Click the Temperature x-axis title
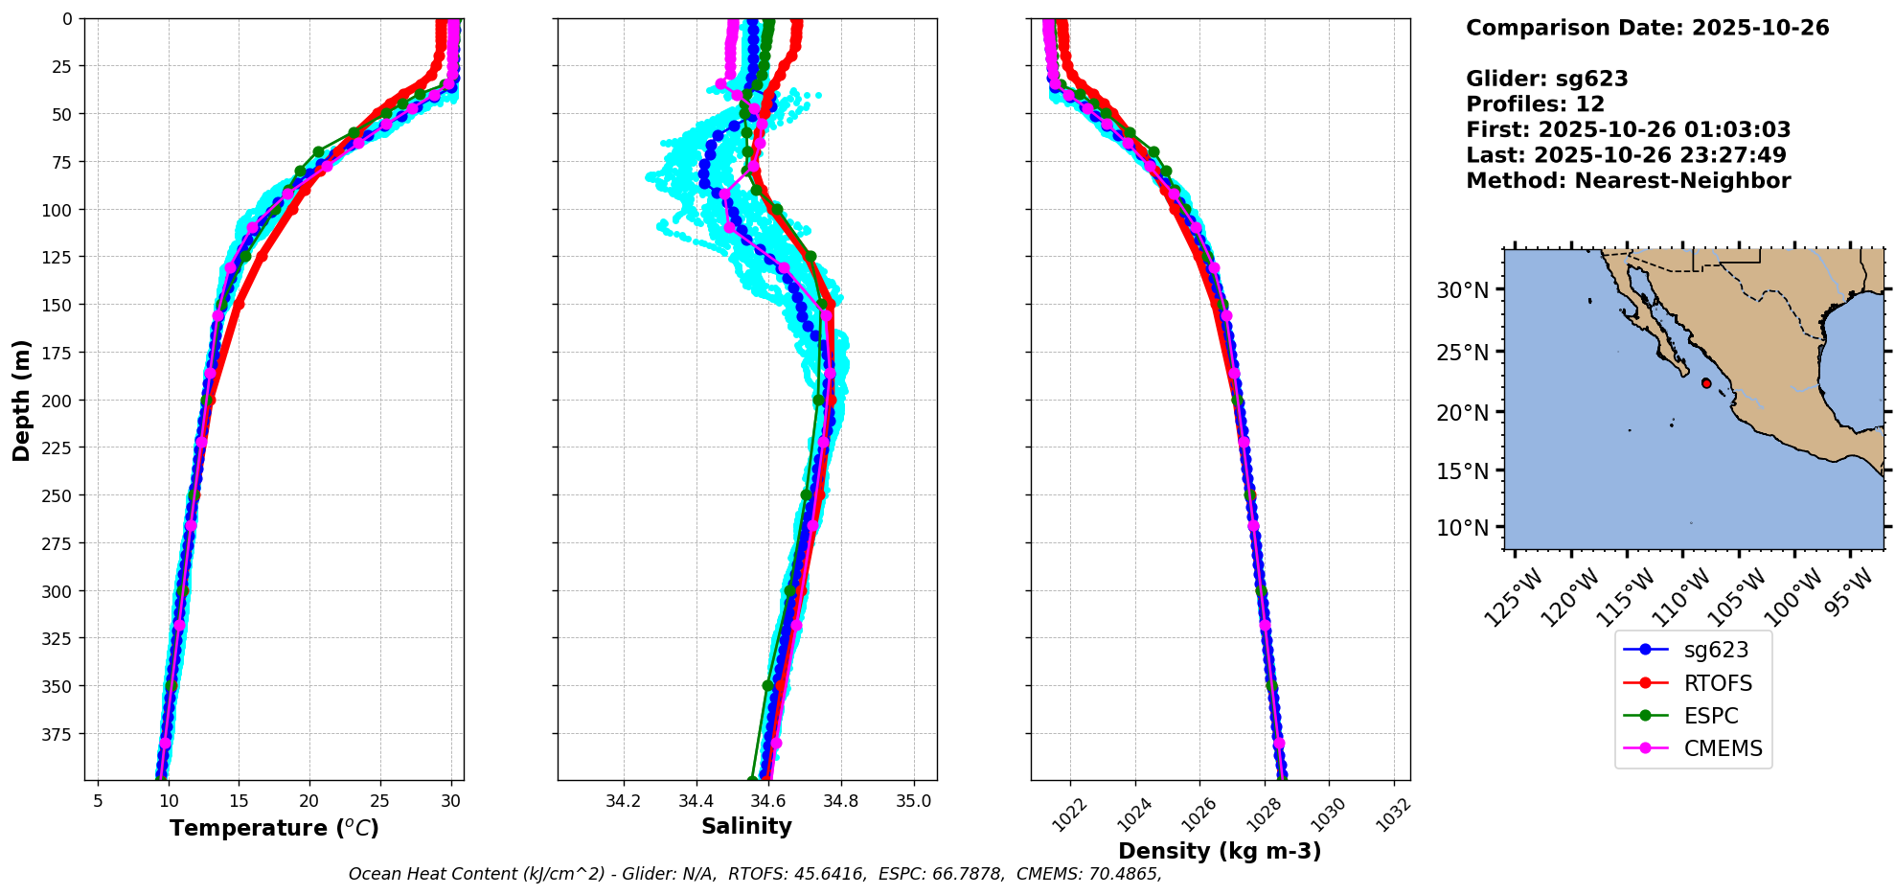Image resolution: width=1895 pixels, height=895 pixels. (x=274, y=828)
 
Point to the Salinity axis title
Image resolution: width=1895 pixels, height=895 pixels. (x=746, y=826)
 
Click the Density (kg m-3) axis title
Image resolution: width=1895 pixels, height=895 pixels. (x=1220, y=851)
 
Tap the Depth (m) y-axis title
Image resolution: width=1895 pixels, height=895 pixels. (x=21, y=400)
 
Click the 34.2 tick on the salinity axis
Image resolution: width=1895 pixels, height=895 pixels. (x=623, y=800)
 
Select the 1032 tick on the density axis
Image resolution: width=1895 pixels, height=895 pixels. (x=1394, y=813)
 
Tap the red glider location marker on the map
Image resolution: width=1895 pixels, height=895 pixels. (x=1706, y=383)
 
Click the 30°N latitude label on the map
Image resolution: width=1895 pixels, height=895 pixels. (x=1462, y=289)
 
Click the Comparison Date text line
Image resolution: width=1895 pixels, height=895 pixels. (x=1647, y=28)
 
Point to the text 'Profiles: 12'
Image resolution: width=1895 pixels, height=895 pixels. (x=1535, y=104)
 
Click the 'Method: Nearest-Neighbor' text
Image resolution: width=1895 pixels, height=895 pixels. (x=1628, y=181)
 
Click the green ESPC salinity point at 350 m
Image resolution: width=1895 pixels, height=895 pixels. (x=767, y=686)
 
